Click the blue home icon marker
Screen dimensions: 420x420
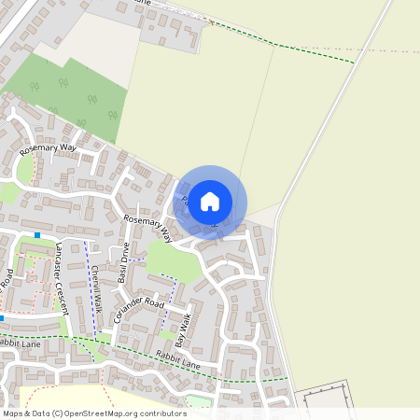(x=210, y=202)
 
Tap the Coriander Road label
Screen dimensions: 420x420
(x=138, y=310)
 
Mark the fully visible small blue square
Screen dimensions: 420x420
(x=37, y=234)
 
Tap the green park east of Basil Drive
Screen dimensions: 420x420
(x=174, y=260)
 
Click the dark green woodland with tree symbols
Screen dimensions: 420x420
(x=70, y=93)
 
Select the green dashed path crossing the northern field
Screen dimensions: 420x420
(x=308, y=52)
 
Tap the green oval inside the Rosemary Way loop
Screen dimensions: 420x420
(x=25, y=169)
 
